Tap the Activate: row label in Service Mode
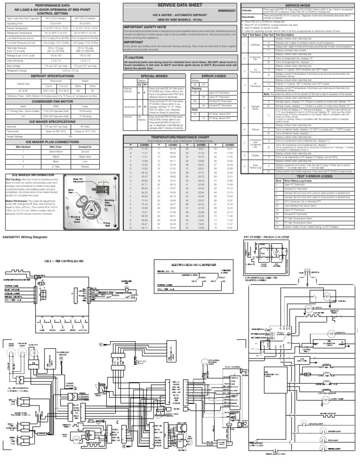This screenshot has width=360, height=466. coord(247,9)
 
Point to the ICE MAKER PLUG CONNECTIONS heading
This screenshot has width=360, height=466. coord(62,140)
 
